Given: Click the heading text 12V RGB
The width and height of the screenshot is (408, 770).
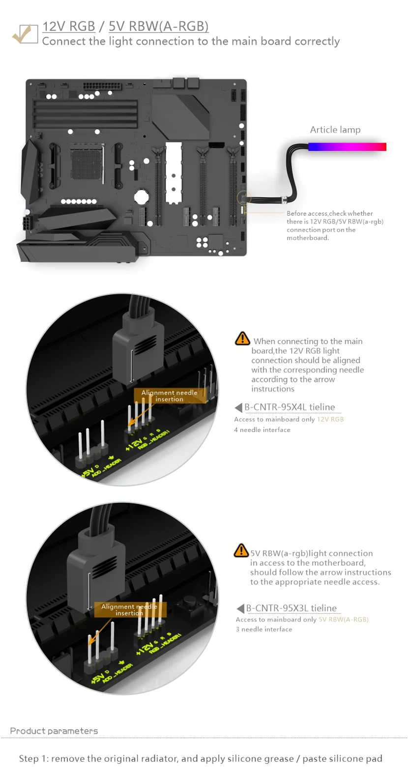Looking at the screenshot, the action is point(68,27).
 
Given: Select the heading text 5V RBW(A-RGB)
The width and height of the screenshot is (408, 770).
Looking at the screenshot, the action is point(159,27).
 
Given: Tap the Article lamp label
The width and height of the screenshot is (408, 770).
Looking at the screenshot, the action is point(335,130).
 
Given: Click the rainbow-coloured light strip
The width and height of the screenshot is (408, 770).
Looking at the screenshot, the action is point(347,147).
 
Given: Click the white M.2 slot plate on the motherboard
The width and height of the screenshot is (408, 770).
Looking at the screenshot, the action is point(174,172).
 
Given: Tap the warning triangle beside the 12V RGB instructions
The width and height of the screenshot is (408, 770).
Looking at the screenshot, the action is point(242,338).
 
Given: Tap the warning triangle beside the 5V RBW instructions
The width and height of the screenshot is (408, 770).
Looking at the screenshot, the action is point(241,550).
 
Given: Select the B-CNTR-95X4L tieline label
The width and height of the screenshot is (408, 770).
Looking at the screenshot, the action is point(290,407).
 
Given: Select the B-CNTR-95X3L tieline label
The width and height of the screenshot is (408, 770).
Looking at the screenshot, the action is point(291,608).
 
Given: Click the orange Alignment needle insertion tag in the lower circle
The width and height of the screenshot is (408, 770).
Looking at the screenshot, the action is point(130,609).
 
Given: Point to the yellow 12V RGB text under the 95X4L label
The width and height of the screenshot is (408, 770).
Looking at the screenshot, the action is point(330,419).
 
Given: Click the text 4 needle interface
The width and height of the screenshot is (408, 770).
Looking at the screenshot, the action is point(262,429).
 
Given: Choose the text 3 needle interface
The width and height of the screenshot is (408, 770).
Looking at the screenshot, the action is point(264,629).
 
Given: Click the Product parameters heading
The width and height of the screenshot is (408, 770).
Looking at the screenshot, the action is point(54,731).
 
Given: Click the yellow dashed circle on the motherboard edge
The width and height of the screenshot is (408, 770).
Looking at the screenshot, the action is point(244,198).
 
